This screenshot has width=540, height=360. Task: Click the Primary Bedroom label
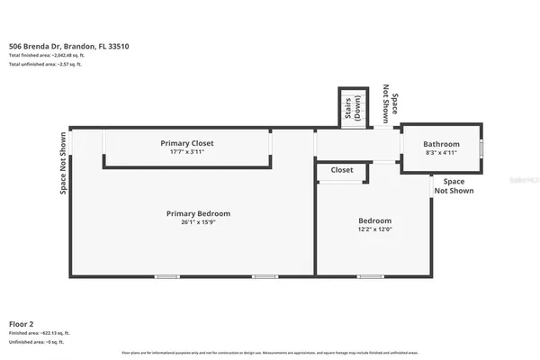point(198,213)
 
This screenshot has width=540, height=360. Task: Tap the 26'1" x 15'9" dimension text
point(198,222)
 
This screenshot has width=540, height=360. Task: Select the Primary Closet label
point(187,143)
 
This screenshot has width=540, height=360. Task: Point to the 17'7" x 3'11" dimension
point(187,152)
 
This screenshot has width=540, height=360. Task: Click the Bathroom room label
point(442,144)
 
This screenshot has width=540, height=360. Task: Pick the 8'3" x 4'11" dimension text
point(442,153)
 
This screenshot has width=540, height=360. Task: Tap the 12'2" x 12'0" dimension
point(375,229)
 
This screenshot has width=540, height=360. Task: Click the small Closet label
point(342,169)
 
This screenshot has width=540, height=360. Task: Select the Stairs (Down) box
point(352,108)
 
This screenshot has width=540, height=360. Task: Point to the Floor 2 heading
point(22,322)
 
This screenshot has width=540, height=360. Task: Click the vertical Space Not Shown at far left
point(64,165)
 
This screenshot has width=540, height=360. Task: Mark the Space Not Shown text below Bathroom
point(454,186)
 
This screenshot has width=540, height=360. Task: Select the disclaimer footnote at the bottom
point(269,352)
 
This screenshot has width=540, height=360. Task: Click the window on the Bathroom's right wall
point(481,148)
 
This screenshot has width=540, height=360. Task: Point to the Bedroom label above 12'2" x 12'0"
point(375,220)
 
